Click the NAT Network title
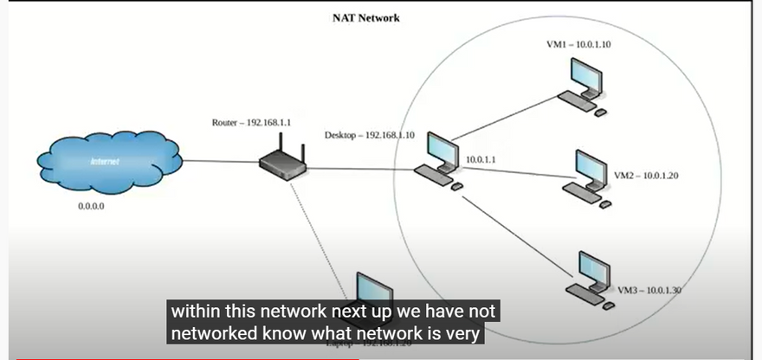tap(366, 18)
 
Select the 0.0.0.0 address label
tap(91, 208)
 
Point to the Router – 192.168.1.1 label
tap(251, 123)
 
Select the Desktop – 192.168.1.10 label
tap(370, 135)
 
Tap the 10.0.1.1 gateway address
tap(482, 160)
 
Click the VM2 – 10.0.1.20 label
tap(646, 176)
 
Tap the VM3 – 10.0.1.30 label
tap(650, 290)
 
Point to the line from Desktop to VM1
tap(502, 120)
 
